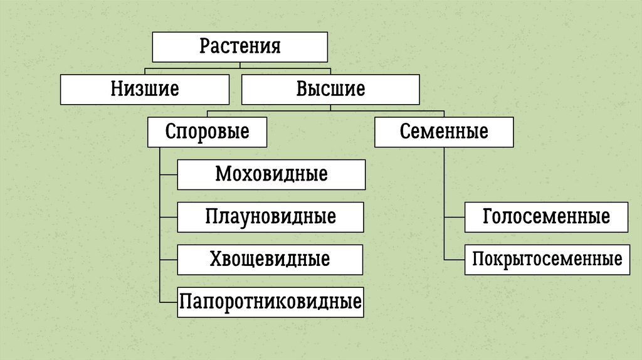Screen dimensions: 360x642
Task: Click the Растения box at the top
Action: (240, 47)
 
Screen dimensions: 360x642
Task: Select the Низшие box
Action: (145, 89)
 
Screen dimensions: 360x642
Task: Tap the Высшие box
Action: (330, 89)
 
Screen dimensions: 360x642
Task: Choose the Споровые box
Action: (208, 132)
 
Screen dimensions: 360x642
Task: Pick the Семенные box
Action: (444, 132)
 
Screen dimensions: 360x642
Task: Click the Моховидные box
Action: (271, 174)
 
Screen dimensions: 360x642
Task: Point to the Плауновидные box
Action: (270, 217)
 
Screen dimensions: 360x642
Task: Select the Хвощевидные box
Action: (270, 260)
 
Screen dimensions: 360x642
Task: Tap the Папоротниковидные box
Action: (270, 302)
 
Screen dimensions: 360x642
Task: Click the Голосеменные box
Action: (546, 217)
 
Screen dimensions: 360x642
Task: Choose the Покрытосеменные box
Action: (547, 260)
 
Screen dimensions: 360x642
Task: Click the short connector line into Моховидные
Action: (169, 174)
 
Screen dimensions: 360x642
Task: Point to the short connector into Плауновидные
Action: (169, 217)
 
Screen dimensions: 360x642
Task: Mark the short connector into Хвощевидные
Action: (169, 260)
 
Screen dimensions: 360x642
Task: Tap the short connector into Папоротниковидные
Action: (169, 302)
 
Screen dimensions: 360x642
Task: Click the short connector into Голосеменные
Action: (455, 217)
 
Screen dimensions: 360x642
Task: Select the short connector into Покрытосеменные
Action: (455, 260)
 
